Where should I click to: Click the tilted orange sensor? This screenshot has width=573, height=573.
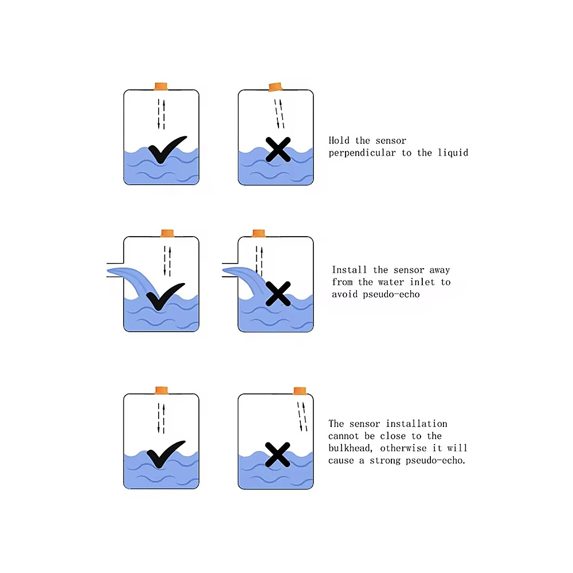276,87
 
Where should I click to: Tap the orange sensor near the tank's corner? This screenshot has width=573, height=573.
300,391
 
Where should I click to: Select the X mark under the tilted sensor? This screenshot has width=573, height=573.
278,150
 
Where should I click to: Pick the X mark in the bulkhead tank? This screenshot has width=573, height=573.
278,454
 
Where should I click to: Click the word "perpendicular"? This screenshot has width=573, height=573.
362,153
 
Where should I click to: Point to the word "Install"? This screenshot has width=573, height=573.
349,270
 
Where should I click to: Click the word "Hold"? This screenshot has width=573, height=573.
339,140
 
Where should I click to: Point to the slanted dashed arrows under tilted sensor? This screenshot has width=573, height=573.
279,113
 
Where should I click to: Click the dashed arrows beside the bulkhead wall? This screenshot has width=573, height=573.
302,417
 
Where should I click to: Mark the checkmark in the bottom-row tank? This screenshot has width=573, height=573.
166,454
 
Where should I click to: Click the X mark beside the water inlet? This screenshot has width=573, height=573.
278,294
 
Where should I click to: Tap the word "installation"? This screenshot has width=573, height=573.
417,423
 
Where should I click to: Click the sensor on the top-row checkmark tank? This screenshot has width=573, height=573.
161,87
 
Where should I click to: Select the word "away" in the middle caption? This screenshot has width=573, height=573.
439,270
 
